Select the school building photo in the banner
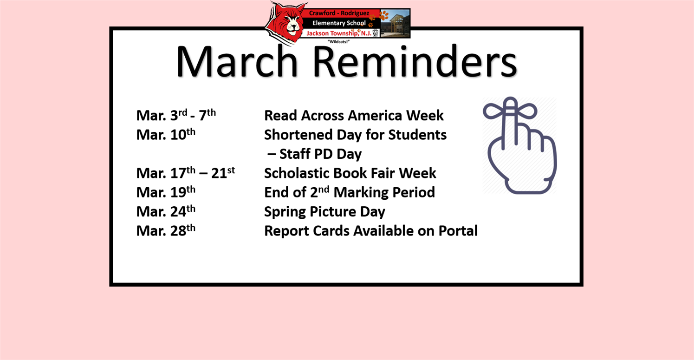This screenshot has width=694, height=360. point(395,23)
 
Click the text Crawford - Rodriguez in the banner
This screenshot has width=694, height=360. point(339,13)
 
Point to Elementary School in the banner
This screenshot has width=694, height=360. point(339,23)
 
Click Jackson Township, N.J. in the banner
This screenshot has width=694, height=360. point(339,33)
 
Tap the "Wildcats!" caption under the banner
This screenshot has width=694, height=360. point(338,41)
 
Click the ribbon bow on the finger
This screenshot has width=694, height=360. point(510,109)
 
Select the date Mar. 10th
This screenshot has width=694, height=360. point(166,134)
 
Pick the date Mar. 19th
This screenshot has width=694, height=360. point(166,192)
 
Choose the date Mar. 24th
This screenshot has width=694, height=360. point(166,211)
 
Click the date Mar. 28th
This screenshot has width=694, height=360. point(166,230)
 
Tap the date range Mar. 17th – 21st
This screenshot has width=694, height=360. point(186,173)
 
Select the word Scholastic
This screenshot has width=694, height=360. point(297,173)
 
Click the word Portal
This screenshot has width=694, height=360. point(458,231)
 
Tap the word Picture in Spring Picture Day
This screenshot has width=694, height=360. point(332,211)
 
